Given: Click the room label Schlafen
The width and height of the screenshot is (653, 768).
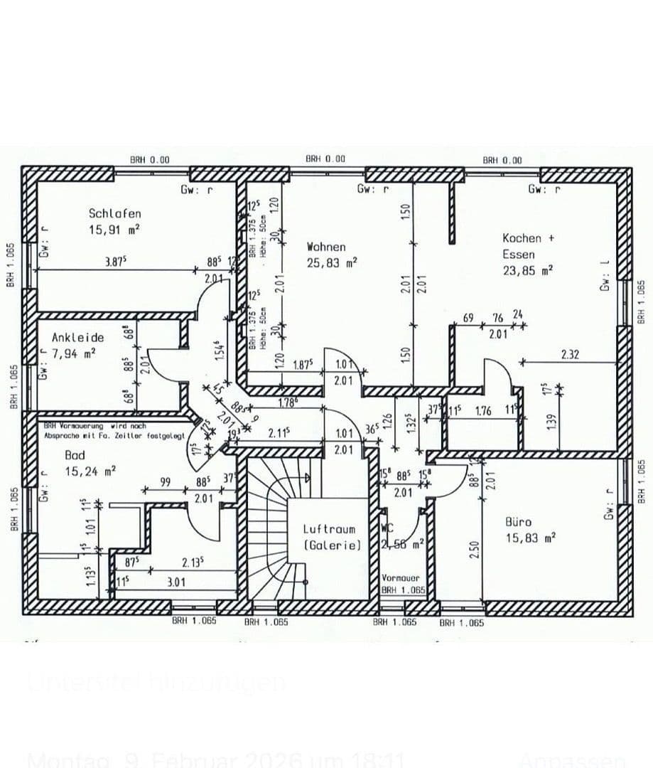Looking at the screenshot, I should coord(114,213).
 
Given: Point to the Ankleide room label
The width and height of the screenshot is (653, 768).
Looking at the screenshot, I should coord(77,337).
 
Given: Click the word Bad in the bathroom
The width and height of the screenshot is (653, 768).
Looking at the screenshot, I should coord(75,454).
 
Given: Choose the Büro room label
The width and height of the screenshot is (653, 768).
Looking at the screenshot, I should coord(519,522).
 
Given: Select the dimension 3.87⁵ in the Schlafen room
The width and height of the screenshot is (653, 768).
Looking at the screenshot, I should coord(114,262).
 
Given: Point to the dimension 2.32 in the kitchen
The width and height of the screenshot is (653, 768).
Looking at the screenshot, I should coord(570,354).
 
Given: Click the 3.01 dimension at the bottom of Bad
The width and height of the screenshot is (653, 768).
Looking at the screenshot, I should coord(176,582).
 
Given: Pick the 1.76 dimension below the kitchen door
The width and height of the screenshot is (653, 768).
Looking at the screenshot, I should coord(483,410).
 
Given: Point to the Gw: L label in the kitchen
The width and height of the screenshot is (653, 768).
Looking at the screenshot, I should coord(605,274).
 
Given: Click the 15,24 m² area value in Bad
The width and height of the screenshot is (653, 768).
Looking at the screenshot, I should coord(90,471).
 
